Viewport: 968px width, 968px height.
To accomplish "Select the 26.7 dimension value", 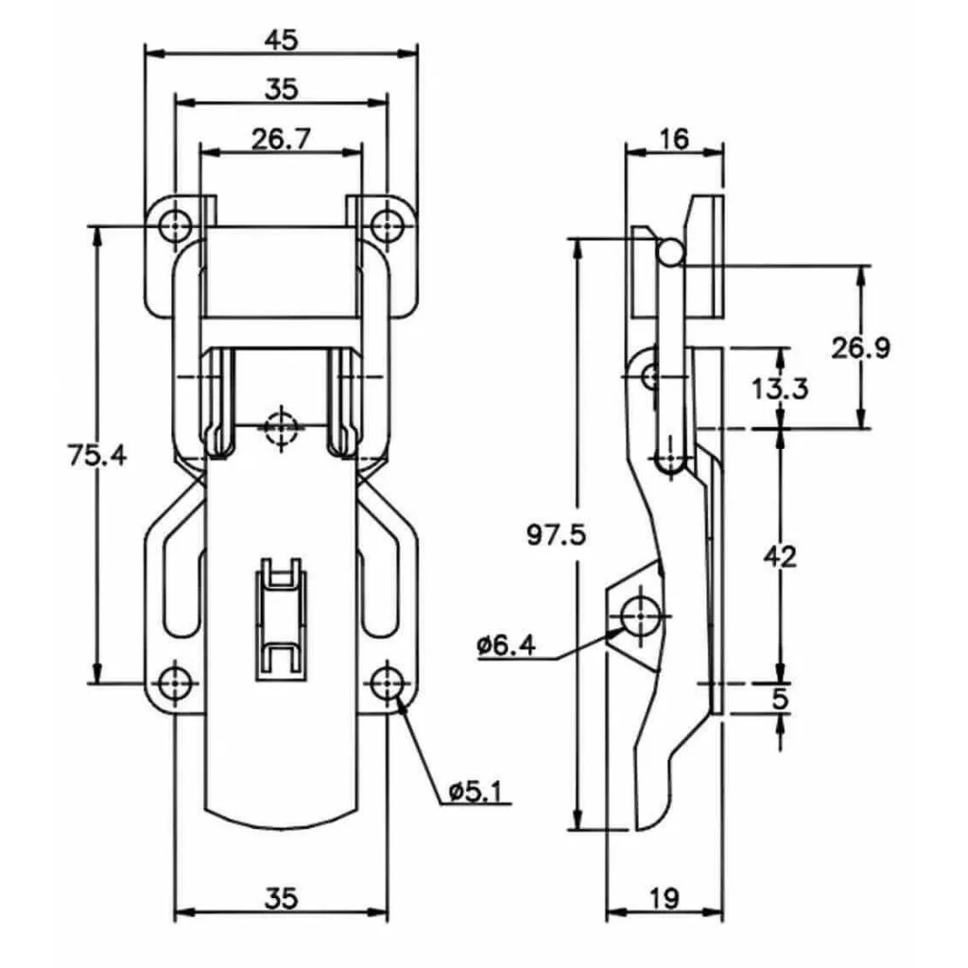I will (x=282, y=139).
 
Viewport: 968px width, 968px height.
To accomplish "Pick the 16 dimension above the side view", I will (x=674, y=139).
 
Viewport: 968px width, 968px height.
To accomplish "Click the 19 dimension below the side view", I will (x=665, y=897).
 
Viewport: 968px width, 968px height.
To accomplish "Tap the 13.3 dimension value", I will (x=781, y=388).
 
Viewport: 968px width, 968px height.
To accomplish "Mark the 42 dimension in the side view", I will (x=779, y=556).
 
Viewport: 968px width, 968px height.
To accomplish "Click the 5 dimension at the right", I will (x=779, y=700).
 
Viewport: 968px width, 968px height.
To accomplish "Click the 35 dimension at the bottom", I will (x=282, y=897).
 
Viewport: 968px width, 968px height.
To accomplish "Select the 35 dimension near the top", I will (x=282, y=89).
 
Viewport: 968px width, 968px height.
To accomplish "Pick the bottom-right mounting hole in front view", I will (x=388, y=683).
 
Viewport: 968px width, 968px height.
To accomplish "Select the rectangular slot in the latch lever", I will (x=281, y=616).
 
